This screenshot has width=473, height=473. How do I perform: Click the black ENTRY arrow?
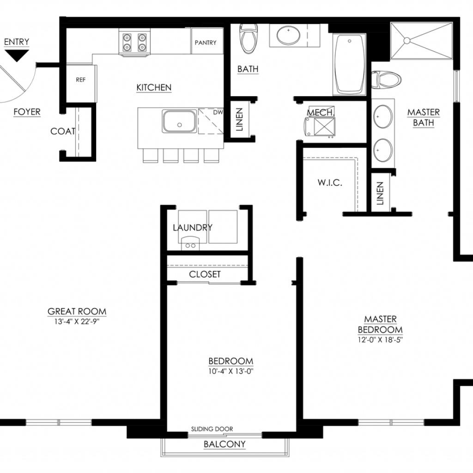click(17, 55)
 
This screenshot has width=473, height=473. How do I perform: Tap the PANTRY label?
click(206, 42)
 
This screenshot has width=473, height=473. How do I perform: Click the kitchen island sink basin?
click(180, 121)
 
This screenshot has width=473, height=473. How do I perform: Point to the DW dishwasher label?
click(218, 112)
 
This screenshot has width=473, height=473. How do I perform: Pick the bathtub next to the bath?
click(349, 64)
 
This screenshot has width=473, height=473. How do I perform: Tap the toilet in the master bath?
click(387, 79)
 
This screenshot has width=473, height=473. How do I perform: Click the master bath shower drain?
click(406, 41)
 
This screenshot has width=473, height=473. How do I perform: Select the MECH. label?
click(321, 113)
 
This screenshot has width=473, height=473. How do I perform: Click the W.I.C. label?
click(330, 182)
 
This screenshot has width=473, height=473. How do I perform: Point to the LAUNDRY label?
click(193, 227)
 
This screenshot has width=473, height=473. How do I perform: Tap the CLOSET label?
click(205, 274)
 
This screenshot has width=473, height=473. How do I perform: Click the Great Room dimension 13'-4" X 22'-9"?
click(77, 321)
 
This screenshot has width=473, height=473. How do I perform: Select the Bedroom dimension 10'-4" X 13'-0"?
click(231, 371)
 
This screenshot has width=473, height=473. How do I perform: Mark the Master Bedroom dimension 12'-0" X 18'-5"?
click(381, 340)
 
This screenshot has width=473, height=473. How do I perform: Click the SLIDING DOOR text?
click(212, 429)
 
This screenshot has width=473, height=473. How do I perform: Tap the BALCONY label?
click(224, 444)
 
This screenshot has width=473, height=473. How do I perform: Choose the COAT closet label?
click(63, 131)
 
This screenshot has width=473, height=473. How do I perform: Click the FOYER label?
click(27, 112)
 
